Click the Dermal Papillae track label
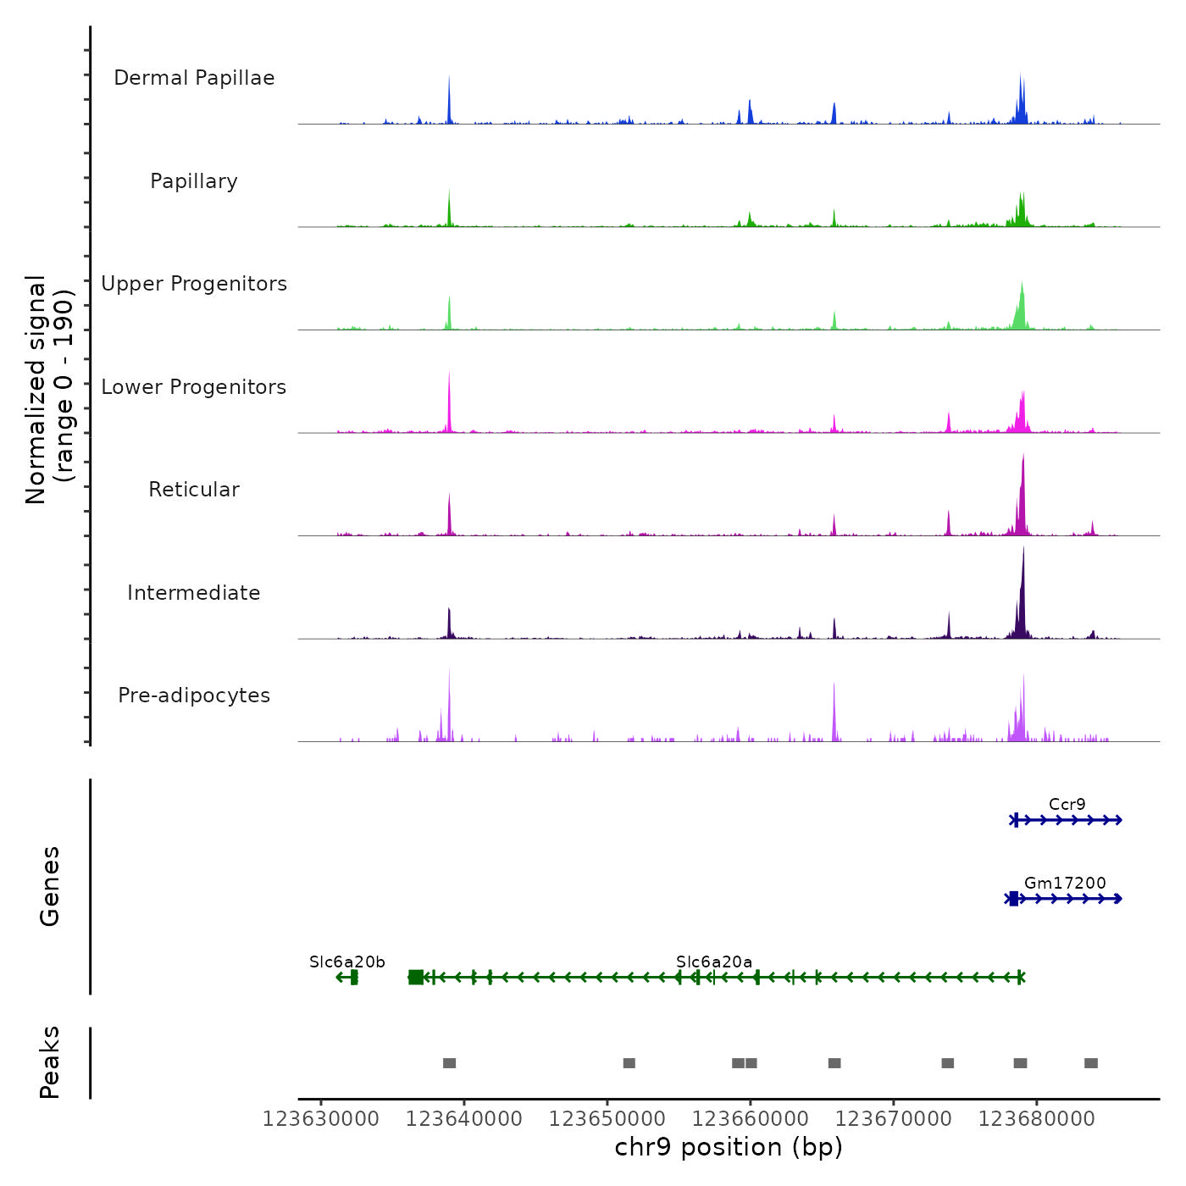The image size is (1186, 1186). (194, 78)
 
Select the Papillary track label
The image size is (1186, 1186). (194, 181)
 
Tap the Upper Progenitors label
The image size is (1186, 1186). (194, 284)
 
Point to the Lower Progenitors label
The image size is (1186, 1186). (194, 387)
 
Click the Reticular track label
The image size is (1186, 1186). (194, 490)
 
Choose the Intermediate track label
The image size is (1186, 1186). (194, 593)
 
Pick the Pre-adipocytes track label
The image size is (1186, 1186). (194, 696)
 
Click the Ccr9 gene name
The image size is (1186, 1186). (1067, 804)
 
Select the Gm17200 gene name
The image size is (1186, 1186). (1065, 883)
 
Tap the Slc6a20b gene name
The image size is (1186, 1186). (347, 962)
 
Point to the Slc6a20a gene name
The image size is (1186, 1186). (714, 962)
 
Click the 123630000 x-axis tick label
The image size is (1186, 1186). (321, 1119)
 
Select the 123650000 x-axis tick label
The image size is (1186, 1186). (607, 1119)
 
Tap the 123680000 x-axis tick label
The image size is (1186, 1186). (1037, 1119)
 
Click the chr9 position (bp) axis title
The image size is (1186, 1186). (729, 1147)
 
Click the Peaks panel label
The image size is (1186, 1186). (50, 1062)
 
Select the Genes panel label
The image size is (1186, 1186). (50, 886)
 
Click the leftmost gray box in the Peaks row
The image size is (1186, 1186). (449, 1063)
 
